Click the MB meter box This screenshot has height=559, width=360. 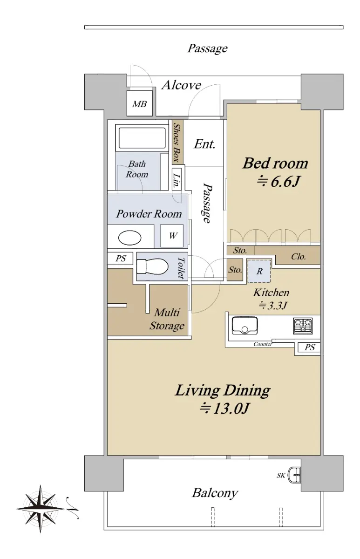point(139,103)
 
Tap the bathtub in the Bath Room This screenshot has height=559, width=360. point(142,138)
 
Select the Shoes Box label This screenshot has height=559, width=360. point(177,143)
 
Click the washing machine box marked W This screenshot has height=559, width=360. point(172,236)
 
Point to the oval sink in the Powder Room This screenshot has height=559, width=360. point(130,237)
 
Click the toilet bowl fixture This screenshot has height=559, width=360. point(152,266)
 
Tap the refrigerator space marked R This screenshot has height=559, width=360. point(259,271)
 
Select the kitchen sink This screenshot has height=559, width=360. point(245,326)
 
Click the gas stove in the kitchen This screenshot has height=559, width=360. point(303,326)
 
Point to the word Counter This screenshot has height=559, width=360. point(263,344)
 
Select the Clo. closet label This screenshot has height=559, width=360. point(299,257)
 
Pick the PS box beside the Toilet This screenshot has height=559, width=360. point(121,259)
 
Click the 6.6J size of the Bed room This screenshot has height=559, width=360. point(278,181)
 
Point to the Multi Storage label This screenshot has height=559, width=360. point(167,319)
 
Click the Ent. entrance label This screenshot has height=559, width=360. point(204,144)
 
